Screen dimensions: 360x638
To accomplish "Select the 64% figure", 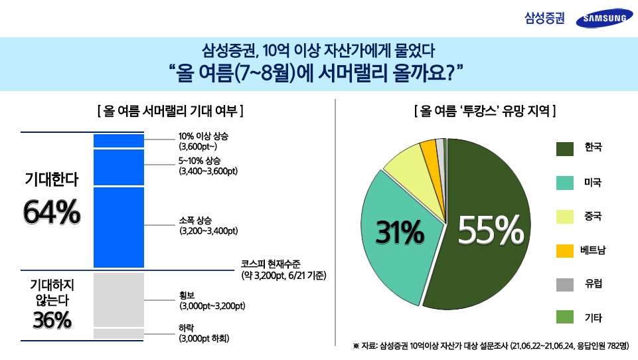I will tap(52, 213).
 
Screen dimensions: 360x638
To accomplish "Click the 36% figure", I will tap(52, 320).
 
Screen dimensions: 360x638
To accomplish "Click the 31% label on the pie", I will tap(400, 232).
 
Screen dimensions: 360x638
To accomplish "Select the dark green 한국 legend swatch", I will tap(565, 148).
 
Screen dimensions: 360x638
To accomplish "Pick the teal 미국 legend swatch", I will tap(565, 182).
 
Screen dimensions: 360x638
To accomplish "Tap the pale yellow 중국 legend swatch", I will tap(565, 217).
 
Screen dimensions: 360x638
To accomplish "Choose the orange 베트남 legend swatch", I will tap(565, 250).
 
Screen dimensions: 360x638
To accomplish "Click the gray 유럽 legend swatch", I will tap(565, 284).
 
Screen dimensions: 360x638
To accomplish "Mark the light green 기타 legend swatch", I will tap(565, 318).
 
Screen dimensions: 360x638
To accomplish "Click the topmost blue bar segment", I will tap(118, 141).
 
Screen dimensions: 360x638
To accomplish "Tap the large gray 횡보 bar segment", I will tap(118, 299).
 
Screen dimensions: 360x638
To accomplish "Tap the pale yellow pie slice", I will tap(404, 166).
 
